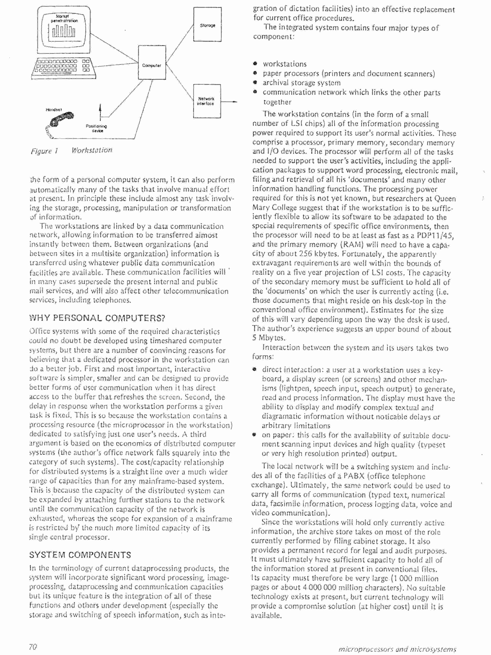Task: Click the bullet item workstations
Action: [284, 64]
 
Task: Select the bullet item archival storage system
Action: [301, 83]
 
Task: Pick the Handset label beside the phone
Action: [54, 110]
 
